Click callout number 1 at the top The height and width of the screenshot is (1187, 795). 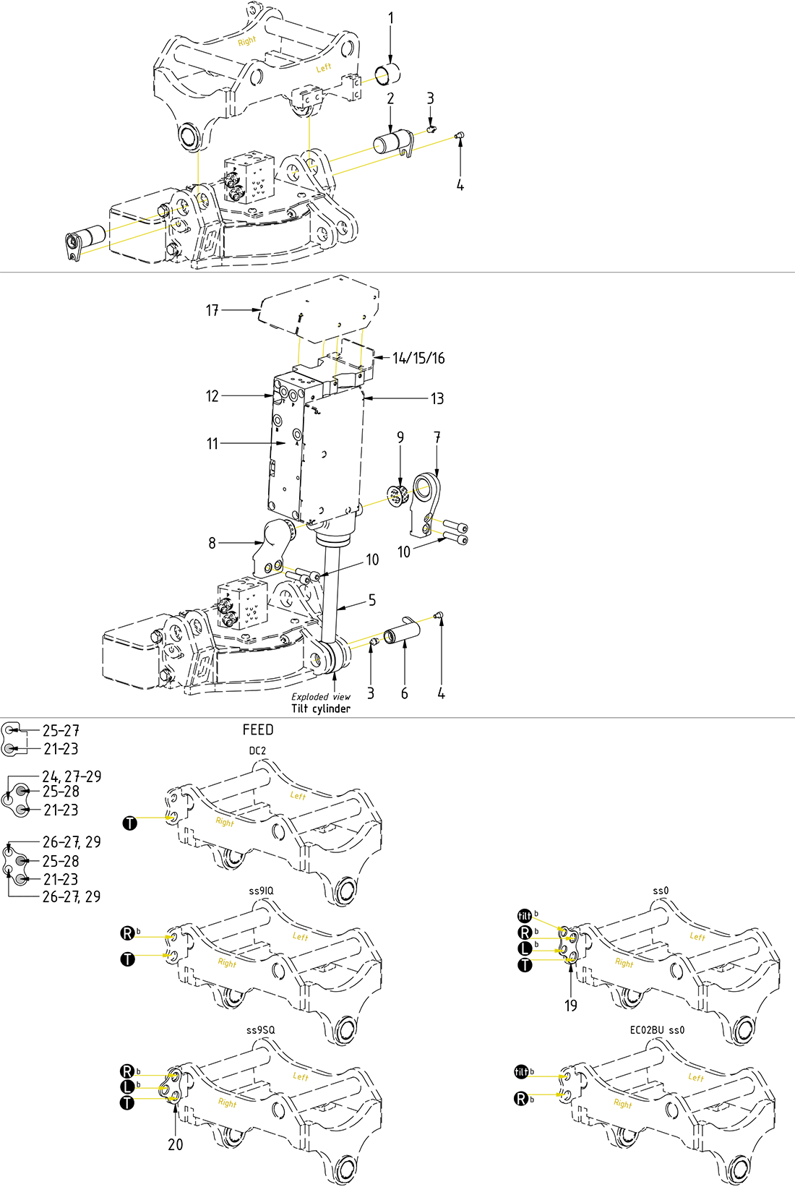[x=391, y=17]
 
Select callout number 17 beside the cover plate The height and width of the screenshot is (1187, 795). [x=212, y=310]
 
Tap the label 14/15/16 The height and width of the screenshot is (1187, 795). [x=418, y=358]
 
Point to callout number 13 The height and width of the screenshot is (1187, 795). [x=437, y=398]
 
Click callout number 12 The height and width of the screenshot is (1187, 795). [x=212, y=396]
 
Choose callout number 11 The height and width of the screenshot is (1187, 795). [x=212, y=443]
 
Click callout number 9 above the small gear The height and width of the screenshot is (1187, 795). [x=400, y=437]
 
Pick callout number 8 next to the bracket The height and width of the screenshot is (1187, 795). [x=212, y=542]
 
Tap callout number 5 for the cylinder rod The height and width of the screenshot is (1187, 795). [x=372, y=600]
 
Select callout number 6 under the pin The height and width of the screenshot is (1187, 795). [x=404, y=693]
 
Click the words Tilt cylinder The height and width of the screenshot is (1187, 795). [x=321, y=708]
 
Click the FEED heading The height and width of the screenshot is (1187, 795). [x=258, y=729]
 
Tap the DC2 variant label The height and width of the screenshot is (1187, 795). [x=257, y=750]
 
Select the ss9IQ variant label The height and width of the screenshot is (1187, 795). [x=260, y=891]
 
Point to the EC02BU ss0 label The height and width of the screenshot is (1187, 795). [x=657, y=1029]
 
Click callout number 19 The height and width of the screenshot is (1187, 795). [x=571, y=1005]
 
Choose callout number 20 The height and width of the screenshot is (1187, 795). [x=176, y=1144]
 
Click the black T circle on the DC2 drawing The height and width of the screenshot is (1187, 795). [x=129, y=823]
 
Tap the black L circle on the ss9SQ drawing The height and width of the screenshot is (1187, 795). [x=127, y=1087]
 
